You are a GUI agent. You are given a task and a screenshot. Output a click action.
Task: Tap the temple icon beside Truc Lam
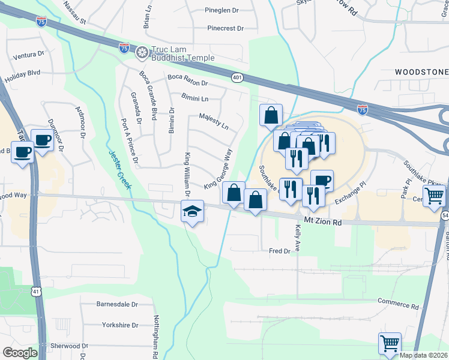coord(142,53)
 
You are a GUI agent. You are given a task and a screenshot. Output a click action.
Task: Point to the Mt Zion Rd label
coord(322,221)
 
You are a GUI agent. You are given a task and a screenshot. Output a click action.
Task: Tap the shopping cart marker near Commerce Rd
coord(390,344)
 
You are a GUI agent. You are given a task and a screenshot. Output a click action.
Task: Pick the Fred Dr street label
coord(280,251)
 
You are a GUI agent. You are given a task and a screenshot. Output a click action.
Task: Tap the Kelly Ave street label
coord(297,237)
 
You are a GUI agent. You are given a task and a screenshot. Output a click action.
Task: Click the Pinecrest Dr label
coord(225,28)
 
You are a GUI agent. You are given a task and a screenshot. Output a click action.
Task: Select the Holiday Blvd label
coord(22,76)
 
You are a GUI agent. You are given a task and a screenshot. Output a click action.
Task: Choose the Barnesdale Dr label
coord(117,304)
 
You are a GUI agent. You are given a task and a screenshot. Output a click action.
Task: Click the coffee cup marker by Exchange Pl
coord(322,179)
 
